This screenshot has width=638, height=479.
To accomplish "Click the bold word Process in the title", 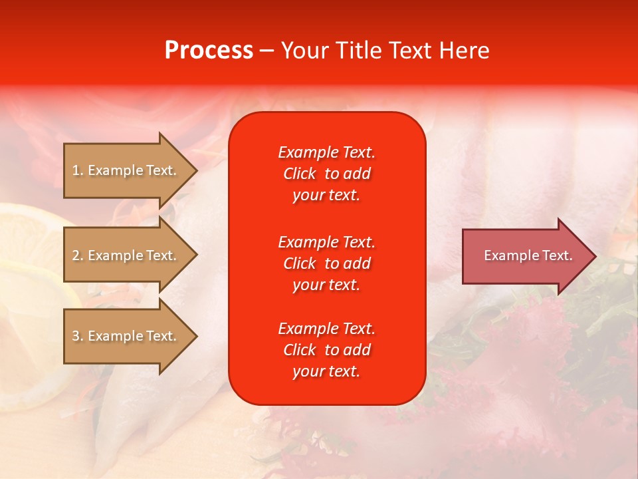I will [x=209, y=51].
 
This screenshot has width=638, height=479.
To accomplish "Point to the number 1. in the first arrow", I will [x=78, y=170].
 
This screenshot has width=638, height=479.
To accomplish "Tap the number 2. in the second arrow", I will [x=78, y=255].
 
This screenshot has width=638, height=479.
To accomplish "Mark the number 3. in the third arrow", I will [x=78, y=336].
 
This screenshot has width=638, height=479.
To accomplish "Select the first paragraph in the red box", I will [x=326, y=174].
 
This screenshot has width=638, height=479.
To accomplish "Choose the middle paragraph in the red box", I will [x=326, y=263].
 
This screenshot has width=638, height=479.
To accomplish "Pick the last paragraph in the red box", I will [x=326, y=350].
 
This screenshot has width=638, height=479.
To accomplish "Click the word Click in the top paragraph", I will [x=299, y=174].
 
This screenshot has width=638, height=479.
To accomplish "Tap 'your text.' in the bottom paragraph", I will [x=326, y=372].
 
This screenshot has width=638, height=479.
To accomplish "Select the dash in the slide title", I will [x=267, y=51].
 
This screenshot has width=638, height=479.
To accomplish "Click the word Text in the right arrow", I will [x=557, y=255].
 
